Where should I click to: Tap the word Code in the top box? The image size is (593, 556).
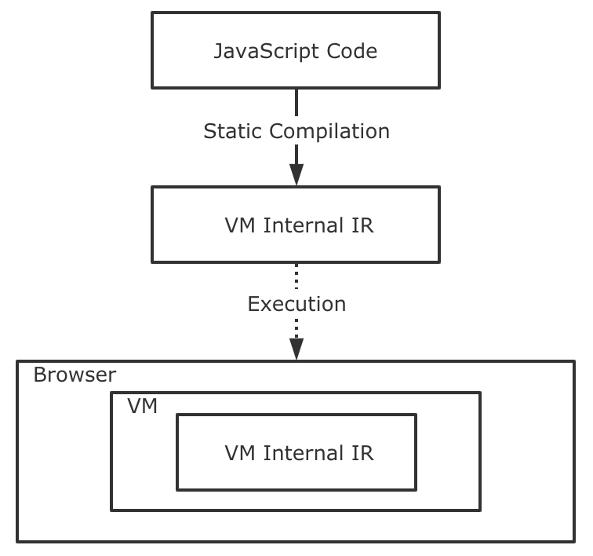coord(352,51)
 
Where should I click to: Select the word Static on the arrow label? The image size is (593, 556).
coord(233,131)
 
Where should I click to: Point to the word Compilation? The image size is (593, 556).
coord(329,132)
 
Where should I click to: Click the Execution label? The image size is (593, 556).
coord(296,304)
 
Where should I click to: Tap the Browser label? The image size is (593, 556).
coord(75,375)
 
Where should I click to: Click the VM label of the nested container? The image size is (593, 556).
coord(142,406)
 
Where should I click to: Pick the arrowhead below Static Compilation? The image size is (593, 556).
coord(296,174)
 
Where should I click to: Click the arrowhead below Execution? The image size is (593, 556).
coord(296,349)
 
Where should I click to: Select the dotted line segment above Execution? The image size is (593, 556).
coord(296,276)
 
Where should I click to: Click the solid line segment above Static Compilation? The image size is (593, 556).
coord(296,103)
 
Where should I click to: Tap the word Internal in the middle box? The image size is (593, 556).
coord(304,225)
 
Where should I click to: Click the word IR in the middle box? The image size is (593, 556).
coord(362,225)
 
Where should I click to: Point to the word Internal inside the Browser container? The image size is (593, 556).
coord(304,453)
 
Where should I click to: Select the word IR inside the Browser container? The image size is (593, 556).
coord(362,453)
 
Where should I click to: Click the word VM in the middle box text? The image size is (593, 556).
coord(240,225)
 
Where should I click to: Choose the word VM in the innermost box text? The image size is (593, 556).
coord(240,453)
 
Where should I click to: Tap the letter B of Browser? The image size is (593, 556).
coord(40,375)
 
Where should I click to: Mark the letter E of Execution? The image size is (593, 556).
coord(253,304)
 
